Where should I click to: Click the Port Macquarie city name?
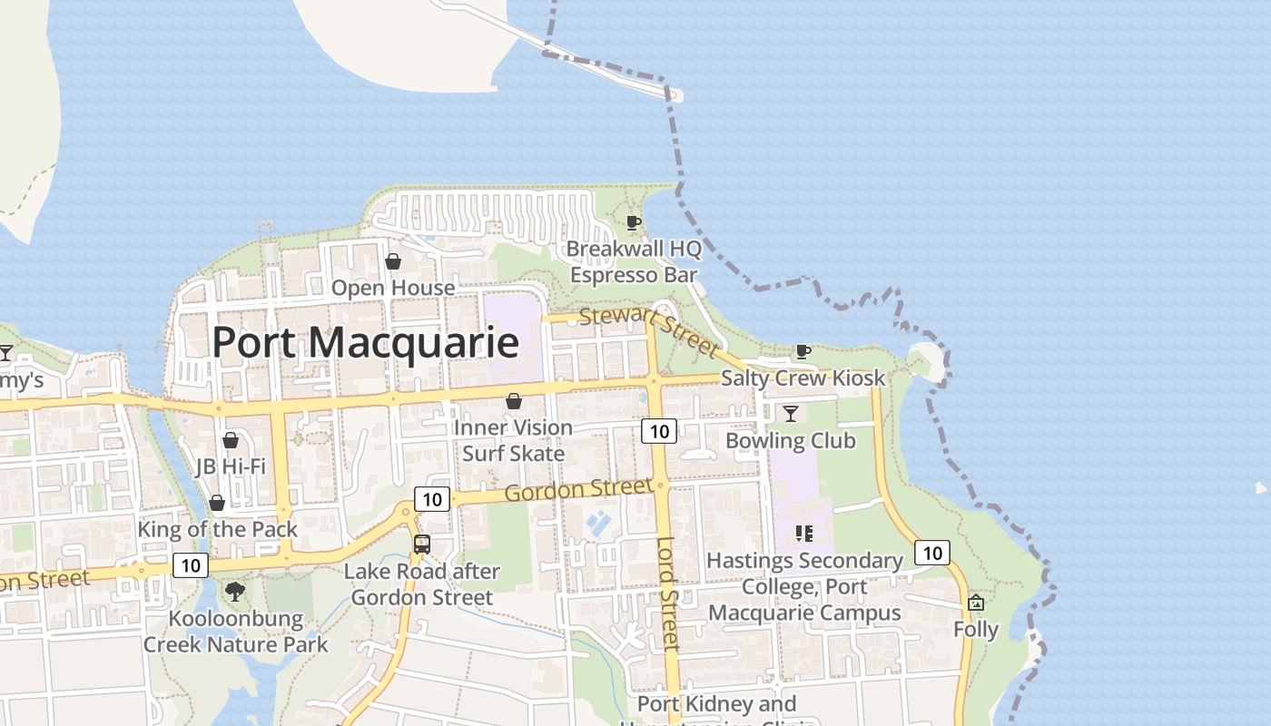(x=365, y=343)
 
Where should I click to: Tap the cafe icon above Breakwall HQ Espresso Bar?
(x=634, y=222)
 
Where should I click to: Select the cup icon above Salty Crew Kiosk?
(x=803, y=351)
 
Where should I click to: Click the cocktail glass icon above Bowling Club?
(x=791, y=414)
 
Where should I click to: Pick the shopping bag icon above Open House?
(x=393, y=262)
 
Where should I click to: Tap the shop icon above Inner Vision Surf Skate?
(x=514, y=401)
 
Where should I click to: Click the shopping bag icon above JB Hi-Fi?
(x=231, y=440)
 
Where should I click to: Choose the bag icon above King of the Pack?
(x=217, y=503)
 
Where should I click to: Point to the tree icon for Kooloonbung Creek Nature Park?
(x=235, y=592)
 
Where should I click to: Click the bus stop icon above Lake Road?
(x=422, y=544)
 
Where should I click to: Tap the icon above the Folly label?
(x=976, y=603)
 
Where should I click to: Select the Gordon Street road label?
(x=579, y=491)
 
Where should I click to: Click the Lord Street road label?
(x=668, y=594)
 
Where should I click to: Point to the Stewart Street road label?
(x=649, y=330)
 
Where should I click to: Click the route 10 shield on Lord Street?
(x=659, y=431)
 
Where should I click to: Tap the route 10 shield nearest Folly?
(x=932, y=553)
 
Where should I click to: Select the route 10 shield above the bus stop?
(x=433, y=499)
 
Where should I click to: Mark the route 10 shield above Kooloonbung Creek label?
(x=191, y=566)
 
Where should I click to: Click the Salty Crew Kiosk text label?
(x=803, y=378)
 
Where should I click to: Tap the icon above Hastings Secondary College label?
(x=803, y=533)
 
